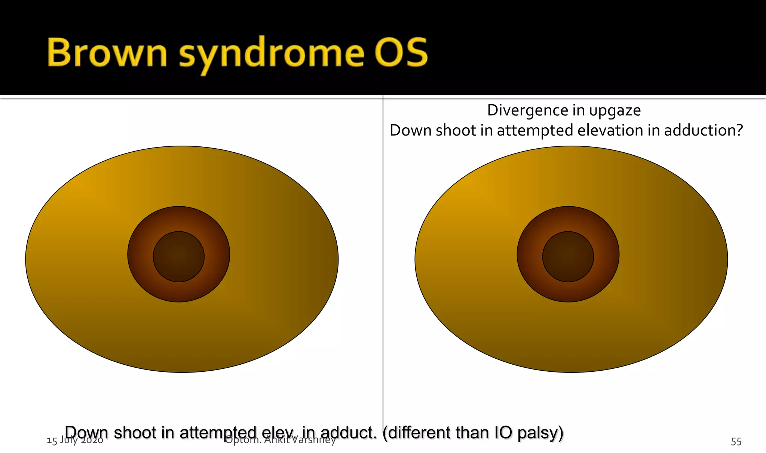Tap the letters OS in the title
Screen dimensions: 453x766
click(x=401, y=53)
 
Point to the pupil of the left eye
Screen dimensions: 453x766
click(x=179, y=257)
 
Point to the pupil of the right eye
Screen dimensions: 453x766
click(x=568, y=257)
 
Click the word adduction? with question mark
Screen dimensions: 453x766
click(x=703, y=130)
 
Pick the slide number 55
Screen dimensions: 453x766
click(x=736, y=442)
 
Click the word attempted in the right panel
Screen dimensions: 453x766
click(x=530, y=131)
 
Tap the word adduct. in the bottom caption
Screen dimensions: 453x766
click(x=348, y=433)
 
